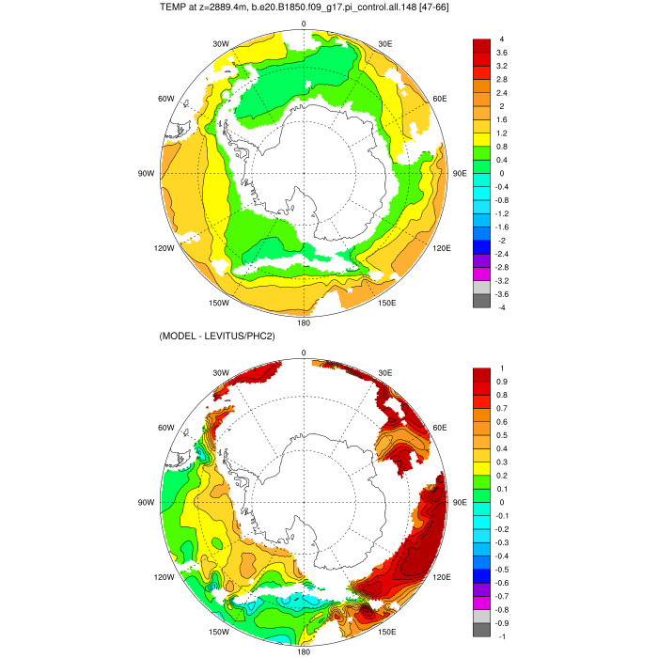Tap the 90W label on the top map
point(145,174)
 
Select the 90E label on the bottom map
point(461,502)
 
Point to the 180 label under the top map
point(304,322)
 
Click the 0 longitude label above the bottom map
point(304,352)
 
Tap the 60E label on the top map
point(438,99)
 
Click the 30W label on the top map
point(221,44)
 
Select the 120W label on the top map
point(166,248)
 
